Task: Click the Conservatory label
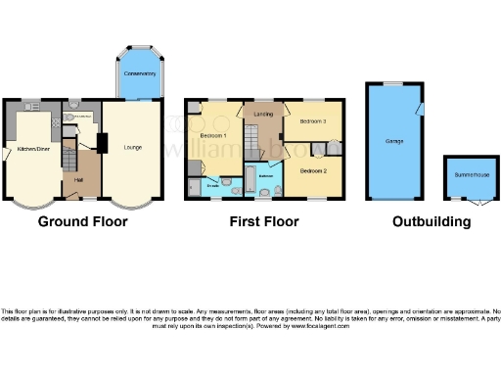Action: coord(139,73)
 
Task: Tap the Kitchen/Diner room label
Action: coord(32,149)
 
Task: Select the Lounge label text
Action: coord(132,148)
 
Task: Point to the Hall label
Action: coord(78,179)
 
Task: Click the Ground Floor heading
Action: coord(82,221)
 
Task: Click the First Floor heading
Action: coord(264,221)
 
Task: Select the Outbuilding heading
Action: coord(432,221)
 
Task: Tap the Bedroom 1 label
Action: coord(213,134)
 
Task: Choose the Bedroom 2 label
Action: coord(312,170)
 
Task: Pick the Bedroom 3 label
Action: coord(312,121)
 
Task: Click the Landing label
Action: coord(263,116)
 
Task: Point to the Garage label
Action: coord(394,142)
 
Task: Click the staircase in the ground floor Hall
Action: coord(68,157)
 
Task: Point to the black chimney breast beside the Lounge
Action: coord(101,142)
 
